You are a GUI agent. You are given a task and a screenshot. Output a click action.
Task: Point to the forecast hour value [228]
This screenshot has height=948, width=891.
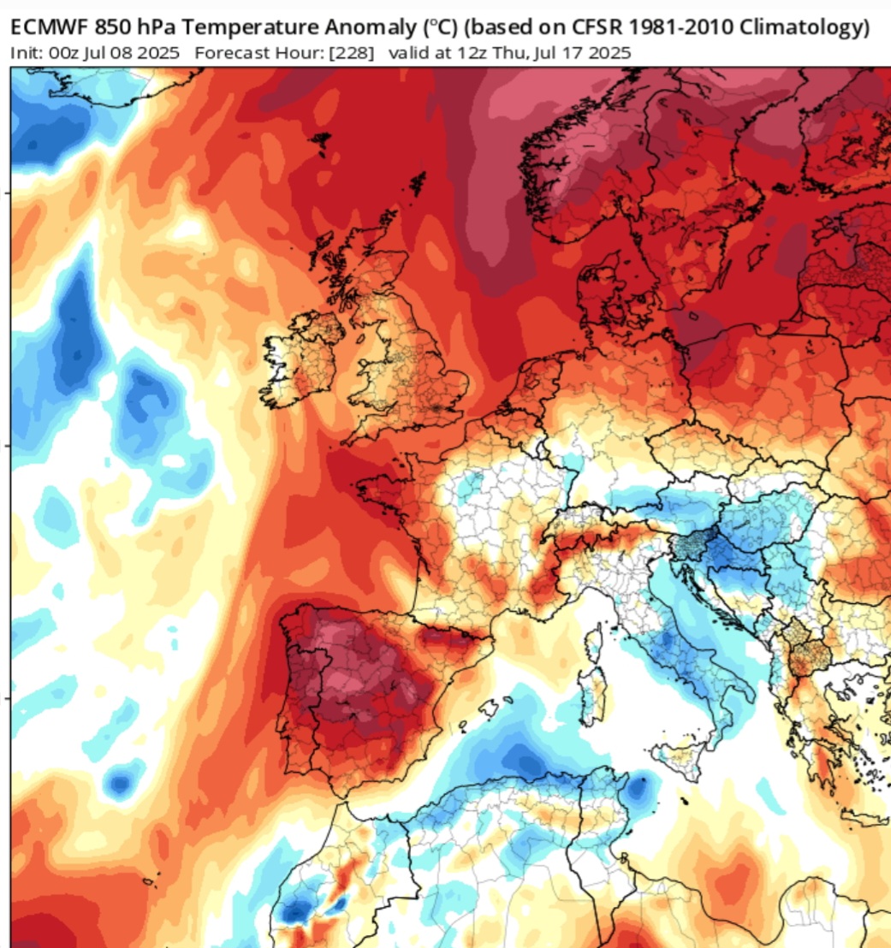pos(353,53)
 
